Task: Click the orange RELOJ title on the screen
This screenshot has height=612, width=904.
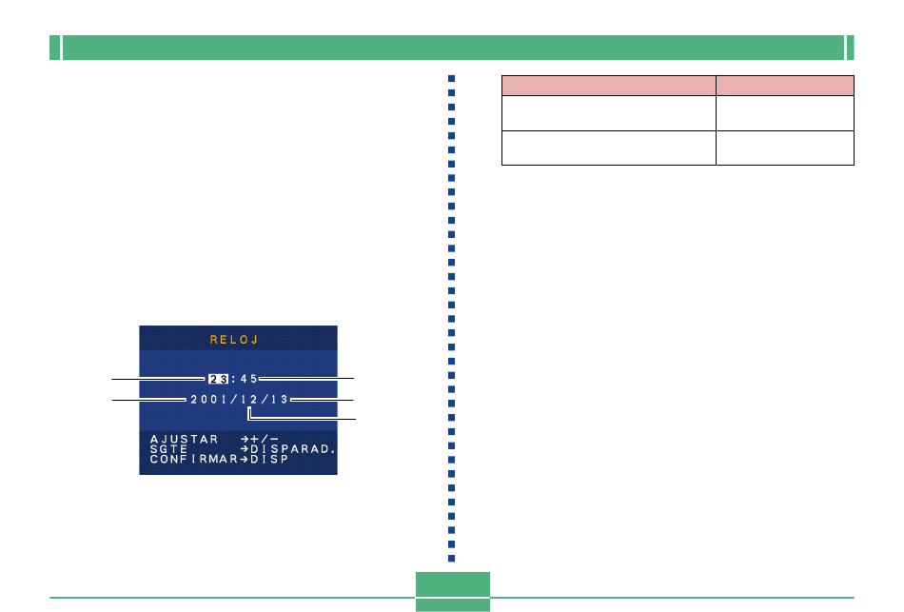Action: [234, 340]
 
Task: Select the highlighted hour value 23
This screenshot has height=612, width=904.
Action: [219, 379]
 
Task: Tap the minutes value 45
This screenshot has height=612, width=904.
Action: [248, 379]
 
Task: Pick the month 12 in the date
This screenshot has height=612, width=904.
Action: [249, 399]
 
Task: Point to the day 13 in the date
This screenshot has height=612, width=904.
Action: [279, 399]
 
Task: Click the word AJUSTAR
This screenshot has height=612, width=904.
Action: [184, 439]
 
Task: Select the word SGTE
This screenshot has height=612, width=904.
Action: [169, 448]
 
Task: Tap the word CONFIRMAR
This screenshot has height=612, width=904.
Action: [194, 459]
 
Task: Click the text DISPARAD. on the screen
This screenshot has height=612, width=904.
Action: [293, 448]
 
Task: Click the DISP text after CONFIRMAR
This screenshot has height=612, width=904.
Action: [269, 459]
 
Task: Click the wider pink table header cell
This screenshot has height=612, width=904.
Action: [609, 86]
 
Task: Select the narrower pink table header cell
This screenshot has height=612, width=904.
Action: [785, 86]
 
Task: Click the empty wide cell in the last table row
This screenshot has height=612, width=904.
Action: [609, 148]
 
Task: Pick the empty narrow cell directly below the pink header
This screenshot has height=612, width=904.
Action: [785, 113]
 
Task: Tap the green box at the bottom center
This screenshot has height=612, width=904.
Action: [453, 591]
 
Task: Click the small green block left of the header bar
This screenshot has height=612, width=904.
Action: [55, 48]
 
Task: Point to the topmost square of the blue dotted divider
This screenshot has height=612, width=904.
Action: [451, 78]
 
